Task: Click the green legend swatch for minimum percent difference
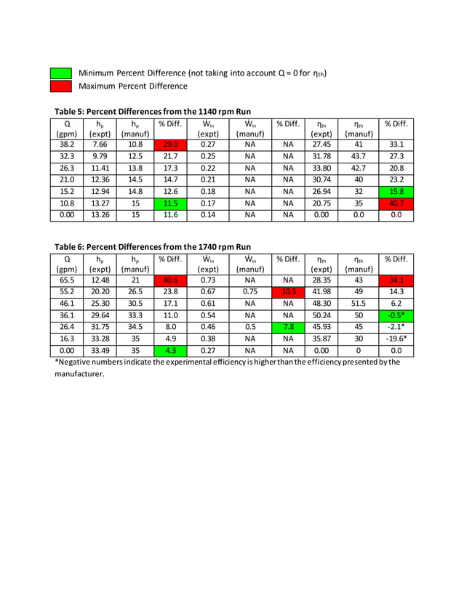[60, 73]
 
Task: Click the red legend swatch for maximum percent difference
[60, 86]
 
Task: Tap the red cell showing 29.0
[170, 145]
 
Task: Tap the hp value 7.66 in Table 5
[100, 145]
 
